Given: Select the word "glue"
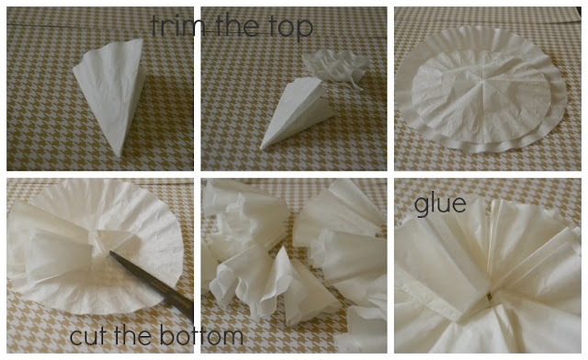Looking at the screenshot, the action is click(x=440, y=205).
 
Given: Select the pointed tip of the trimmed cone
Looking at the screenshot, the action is click(x=263, y=148).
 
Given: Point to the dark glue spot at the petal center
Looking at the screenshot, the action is click(x=489, y=297).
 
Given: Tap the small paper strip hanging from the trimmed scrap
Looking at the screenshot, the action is click(x=356, y=85).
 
